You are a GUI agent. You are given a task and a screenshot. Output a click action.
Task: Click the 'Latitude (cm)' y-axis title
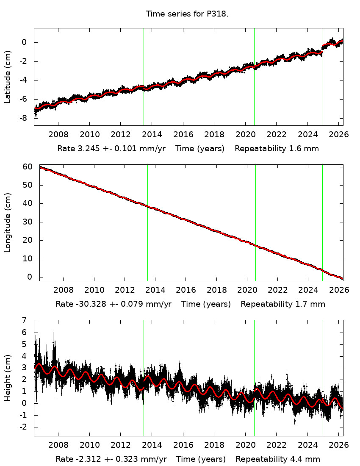coord(8,77)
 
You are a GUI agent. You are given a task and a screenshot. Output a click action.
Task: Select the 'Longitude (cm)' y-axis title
coord(8,222)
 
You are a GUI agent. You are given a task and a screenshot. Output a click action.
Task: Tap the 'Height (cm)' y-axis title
coord(8,378)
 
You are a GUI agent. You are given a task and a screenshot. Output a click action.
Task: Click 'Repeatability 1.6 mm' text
coord(277,149)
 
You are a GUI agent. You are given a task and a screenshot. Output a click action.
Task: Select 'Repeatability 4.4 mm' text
coord(278,459)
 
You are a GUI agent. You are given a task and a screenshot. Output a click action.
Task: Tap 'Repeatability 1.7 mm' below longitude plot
coord(283,304)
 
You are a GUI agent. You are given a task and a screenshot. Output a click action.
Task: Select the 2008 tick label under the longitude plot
coord(64,291)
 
